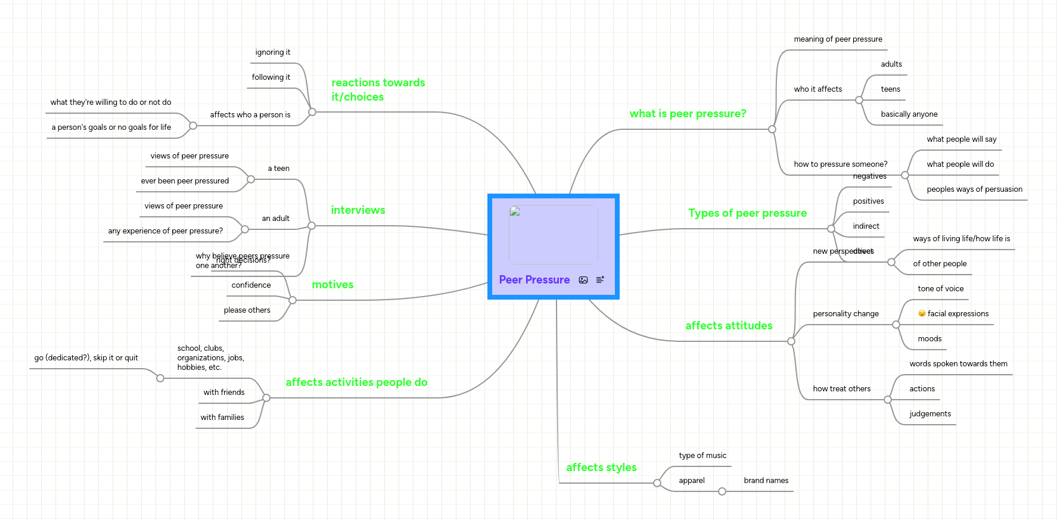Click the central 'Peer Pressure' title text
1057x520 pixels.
(x=534, y=280)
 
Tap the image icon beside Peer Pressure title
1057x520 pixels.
(x=583, y=280)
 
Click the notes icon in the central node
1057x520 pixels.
(x=600, y=279)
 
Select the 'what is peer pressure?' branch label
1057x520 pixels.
(x=688, y=114)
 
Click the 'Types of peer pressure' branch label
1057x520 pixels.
(x=747, y=213)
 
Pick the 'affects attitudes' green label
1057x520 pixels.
(x=728, y=326)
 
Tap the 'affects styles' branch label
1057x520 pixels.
(x=601, y=468)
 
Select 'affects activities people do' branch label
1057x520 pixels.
(x=356, y=382)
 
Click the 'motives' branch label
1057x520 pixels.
(x=332, y=285)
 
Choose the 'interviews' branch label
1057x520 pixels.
(x=357, y=210)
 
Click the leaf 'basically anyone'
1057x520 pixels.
(x=909, y=114)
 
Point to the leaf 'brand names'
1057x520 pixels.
(x=766, y=481)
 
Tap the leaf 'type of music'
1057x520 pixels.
(x=702, y=456)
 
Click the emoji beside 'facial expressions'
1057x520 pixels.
(x=922, y=313)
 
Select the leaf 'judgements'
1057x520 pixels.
(x=929, y=414)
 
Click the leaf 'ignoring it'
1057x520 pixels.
(x=272, y=52)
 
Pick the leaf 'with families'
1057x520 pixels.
(x=222, y=418)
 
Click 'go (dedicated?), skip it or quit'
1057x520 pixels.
(x=86, y=358)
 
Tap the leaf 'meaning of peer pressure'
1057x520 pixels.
(x=838, y=39)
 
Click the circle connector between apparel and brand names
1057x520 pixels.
(x=722, y=491)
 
